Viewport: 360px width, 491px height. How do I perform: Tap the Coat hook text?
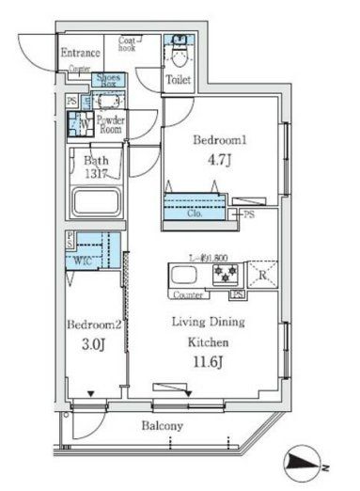pos(130,43)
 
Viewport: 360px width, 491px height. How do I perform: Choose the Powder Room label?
pos(110,124)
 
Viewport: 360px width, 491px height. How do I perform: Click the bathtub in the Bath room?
pos(98,202)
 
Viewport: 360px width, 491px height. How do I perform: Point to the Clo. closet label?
pos(195,214)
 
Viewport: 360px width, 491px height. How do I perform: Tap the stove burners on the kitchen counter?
pos(227,275)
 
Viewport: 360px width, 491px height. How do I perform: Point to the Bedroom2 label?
pos(90,325)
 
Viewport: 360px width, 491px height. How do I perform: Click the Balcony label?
pos(163,426)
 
